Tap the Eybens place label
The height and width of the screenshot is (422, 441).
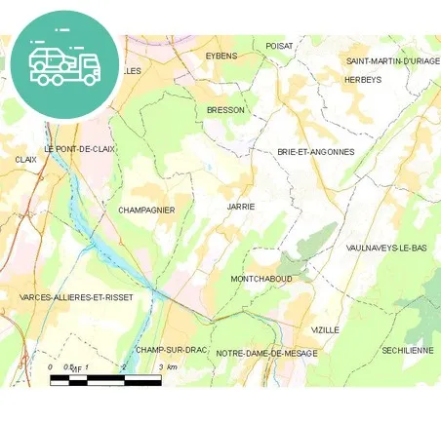coord(221,56)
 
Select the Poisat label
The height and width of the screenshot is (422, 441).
coord(279,45)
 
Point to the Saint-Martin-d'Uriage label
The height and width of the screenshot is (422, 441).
coord(393,60)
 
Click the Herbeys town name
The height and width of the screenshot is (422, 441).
coord(363,79)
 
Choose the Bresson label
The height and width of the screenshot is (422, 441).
coord(225,110)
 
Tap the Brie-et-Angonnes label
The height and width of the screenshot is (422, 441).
coord(315,152)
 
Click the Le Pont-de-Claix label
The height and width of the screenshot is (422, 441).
coord(80,149)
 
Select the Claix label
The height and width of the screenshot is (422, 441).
coord(25,159)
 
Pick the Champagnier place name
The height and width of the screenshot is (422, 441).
coord(146,210)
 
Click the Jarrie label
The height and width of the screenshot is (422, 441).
coord(240,207)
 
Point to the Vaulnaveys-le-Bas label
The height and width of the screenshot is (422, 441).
coord(386,249)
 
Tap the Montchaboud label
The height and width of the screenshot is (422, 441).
coord(261,279)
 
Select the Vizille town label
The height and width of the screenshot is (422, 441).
coord(325,329)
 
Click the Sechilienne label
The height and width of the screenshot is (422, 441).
coord(407,349)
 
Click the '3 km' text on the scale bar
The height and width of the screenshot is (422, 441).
coord(167,367)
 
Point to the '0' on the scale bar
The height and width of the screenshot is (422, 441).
coord(51,367)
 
